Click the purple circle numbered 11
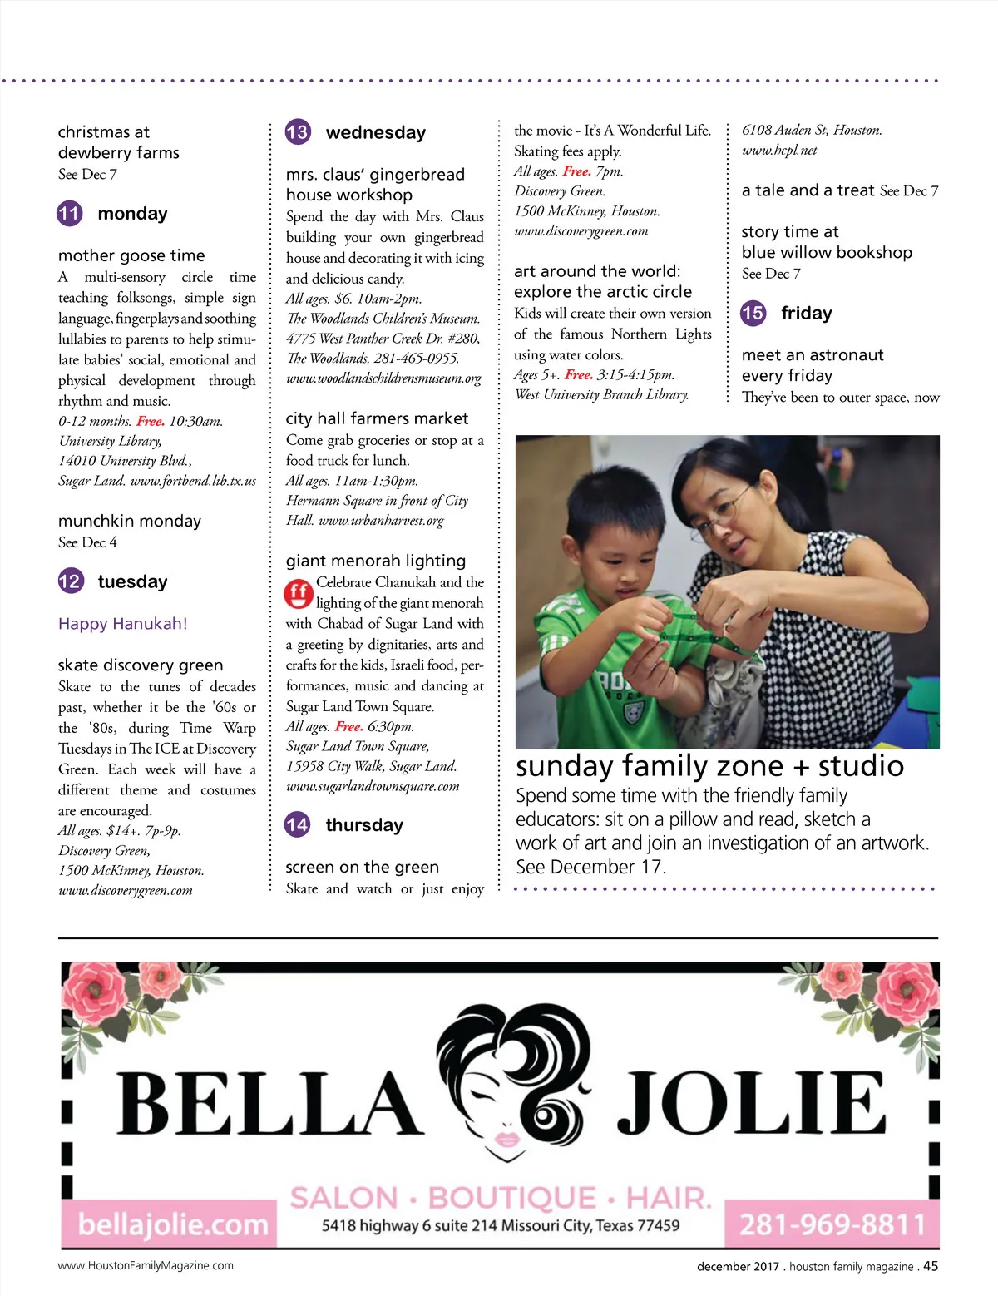pos(69,214)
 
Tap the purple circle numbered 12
pos(70,581)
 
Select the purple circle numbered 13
pos(297,131)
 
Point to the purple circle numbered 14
pos(297,824)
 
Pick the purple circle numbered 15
pos(753,313)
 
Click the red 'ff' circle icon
pos(298,593)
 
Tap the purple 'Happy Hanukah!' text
pos(123,623)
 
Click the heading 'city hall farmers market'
pos(377,418)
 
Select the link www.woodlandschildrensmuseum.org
pos(383,378)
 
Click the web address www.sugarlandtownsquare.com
pos(373,786)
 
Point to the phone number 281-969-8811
pos(832,1224)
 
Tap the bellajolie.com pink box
pos(172,1224)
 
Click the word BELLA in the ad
pos(269,1105)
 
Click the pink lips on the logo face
pos(507,1137)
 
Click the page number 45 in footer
pos(931,1266)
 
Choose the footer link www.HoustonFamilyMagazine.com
pos(146,1266)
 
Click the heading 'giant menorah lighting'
pos(375,561)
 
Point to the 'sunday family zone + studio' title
pos(709,765)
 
